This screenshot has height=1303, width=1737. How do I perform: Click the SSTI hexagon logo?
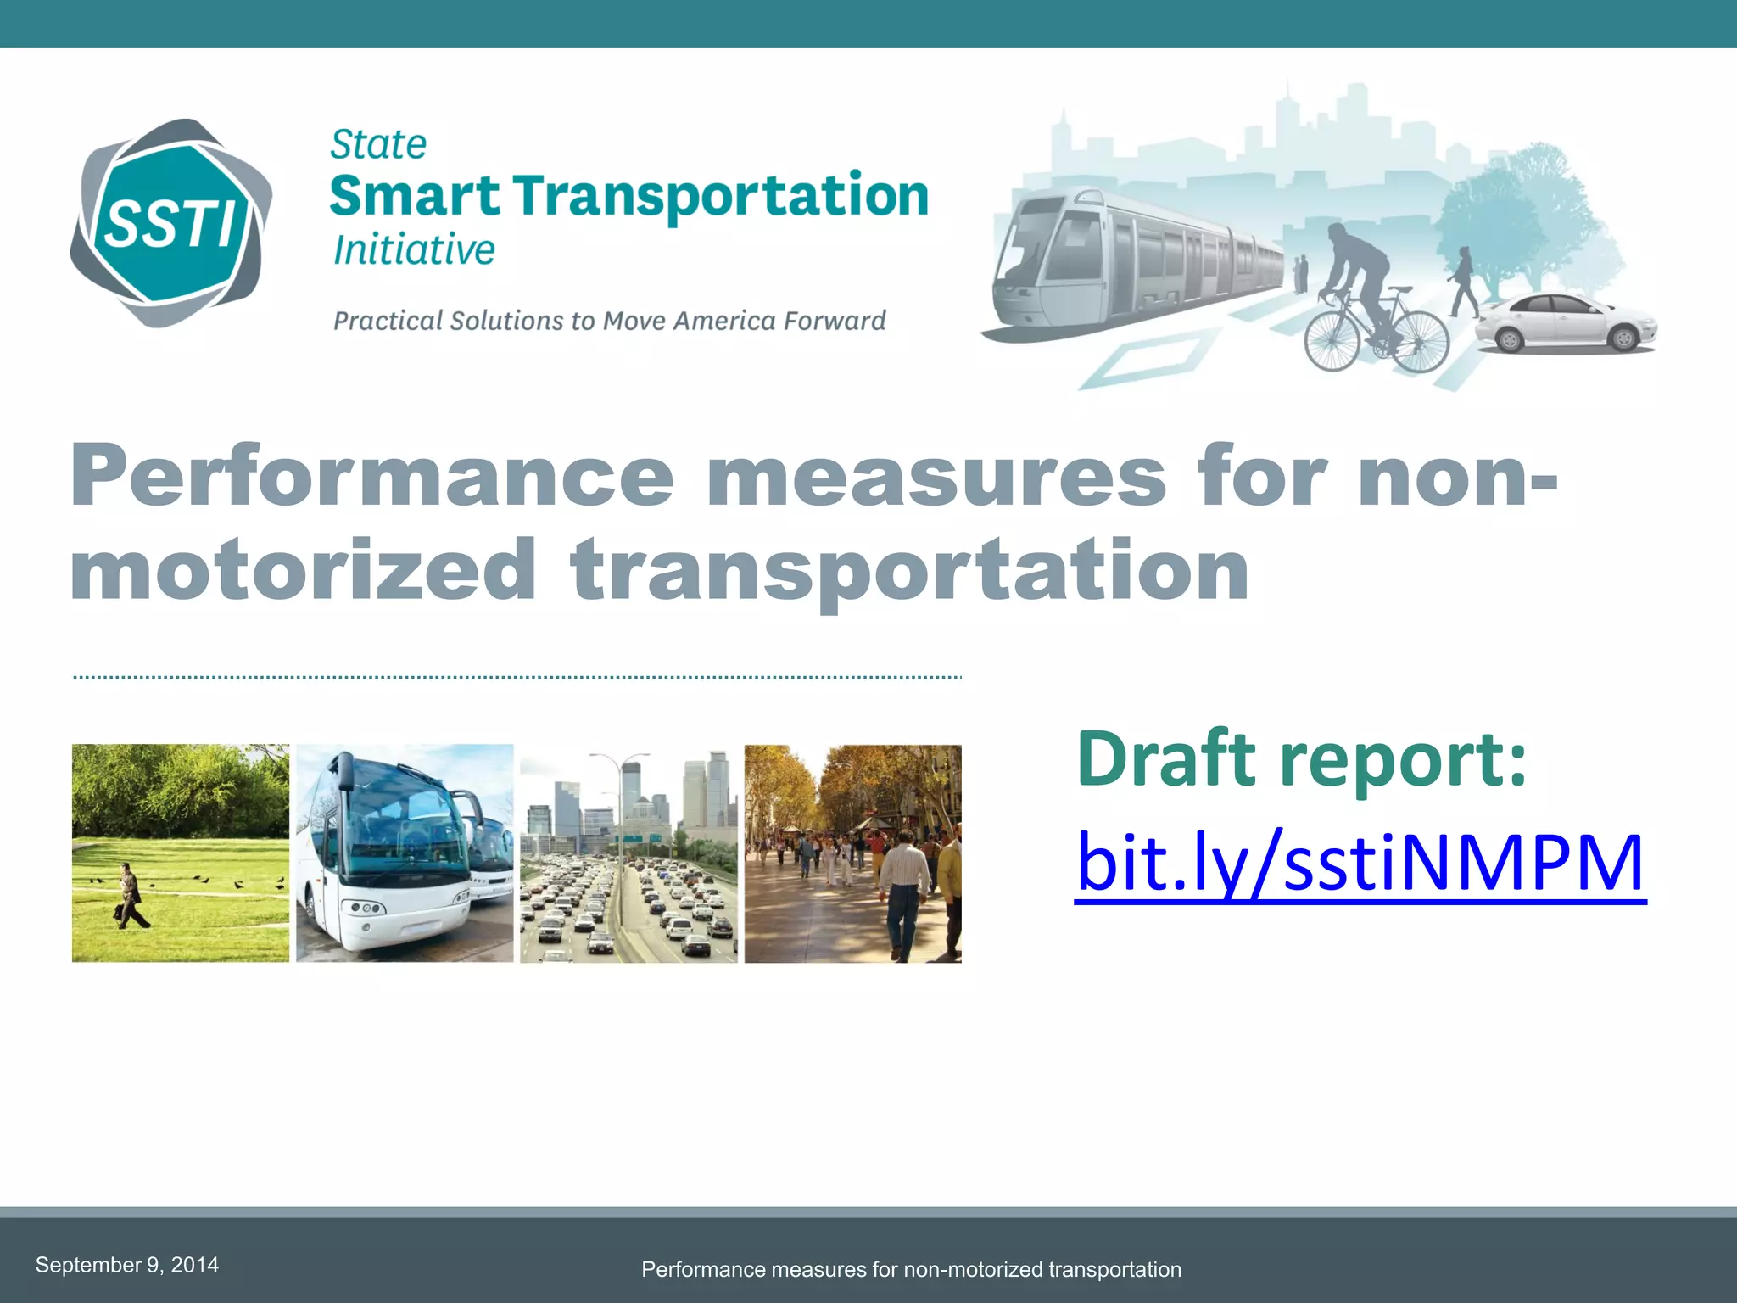[170, 223]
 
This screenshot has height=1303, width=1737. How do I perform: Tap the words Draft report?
[1301, 758]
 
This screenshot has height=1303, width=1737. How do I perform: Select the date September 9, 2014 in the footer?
[127, 1265]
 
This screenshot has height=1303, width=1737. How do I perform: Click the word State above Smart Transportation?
[378, 144]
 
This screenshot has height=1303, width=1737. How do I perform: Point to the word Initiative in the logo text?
[414, 250]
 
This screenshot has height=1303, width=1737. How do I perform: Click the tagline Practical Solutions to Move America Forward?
[609, 321]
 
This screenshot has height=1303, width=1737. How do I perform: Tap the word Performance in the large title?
[371, 477]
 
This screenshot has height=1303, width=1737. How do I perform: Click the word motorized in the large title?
[303, 570]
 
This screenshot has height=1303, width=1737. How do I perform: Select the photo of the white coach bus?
[405, 853]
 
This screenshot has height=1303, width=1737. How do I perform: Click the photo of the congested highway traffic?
[628, 853]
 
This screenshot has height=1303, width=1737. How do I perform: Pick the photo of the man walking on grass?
[180, 853]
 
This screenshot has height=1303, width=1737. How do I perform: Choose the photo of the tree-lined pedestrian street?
[852, 853]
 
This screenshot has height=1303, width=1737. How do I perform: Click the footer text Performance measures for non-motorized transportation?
[911, 1269]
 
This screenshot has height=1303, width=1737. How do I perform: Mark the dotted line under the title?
[517, 678]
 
